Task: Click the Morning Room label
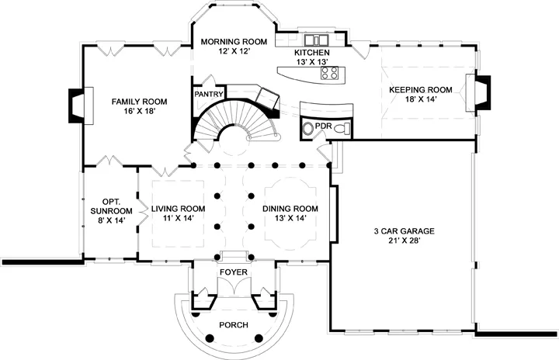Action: click(234, 42)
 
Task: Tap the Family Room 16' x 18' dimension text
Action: click(139, 111)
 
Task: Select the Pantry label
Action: click(209, 95)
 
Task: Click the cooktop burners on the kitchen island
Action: click(329, 73)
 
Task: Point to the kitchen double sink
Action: click(316, 39)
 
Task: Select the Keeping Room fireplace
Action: click(478, 92)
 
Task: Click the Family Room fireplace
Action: click(81, 106)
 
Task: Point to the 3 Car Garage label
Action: click(404, 231)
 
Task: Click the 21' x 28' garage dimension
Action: click(404, 241)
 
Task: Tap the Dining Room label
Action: click(290, 209)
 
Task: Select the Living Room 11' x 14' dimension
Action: click(179, 218)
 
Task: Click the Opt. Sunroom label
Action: click(111, 206)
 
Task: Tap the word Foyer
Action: click(234, 272)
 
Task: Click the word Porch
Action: click(234, 325)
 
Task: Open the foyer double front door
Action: click(234, 286)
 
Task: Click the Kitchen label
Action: click(311, 53)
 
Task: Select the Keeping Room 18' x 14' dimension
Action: click(421, 99)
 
